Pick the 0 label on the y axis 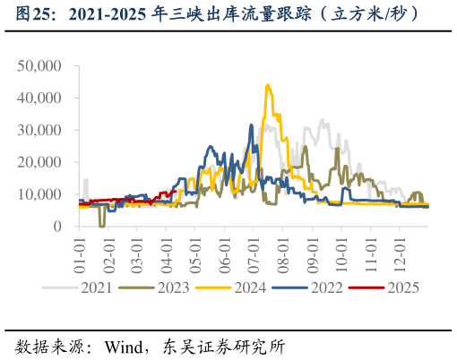click(x=56, y=227)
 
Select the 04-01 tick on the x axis click(x=165, y=253)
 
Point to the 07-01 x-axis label click(x=254, y=253)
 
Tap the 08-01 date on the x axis click(x=283, y=253)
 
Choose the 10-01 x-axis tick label click(x=341, y=253)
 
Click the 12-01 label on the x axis click(x=400, y=253)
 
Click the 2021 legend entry click(x=98, y=287)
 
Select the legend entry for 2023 click(x=178, y=287)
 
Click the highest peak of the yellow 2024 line click(x=268, y=86)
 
